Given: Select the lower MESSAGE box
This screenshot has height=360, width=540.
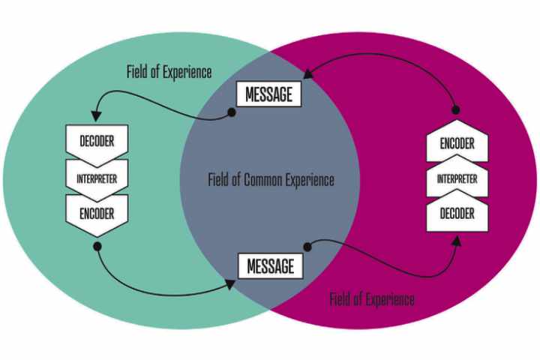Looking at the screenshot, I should point(270,265).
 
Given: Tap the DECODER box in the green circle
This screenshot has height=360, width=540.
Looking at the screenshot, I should point(97,140).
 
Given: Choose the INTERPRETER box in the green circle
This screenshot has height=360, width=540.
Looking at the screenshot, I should point(97,178).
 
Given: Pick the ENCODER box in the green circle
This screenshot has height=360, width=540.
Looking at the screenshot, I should point(97,213).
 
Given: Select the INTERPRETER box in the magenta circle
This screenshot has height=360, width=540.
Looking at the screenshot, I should point(457,179).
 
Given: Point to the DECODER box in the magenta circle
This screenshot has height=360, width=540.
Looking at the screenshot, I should point(457,214).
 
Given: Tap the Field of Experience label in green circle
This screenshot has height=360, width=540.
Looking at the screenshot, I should point(169,73).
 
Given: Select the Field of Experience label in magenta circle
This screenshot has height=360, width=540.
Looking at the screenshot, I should point(371,299).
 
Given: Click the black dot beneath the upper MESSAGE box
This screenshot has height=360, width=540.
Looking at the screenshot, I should point(232,112).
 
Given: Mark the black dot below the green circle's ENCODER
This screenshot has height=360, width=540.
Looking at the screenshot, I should point(97,245).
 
